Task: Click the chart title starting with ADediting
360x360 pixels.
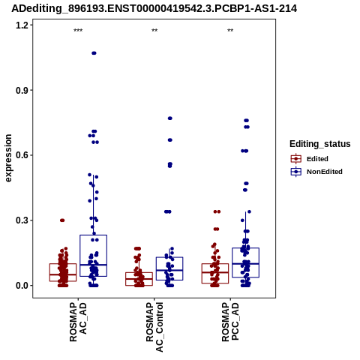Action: [x=154, y=8]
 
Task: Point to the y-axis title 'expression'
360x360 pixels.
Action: [x=8, y=158]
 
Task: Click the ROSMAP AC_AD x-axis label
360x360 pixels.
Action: [x=78, y=322]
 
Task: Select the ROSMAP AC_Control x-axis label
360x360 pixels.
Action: [x=154, y=327]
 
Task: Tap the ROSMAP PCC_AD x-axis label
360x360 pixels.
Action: [x=230, y=322]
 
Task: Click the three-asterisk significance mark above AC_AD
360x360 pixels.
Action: [x=78, y=31]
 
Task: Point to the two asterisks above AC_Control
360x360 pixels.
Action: [x=154, y=31]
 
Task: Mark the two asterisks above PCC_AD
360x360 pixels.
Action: [x=230, y=31]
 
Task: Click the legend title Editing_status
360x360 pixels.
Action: [x=320, y=144]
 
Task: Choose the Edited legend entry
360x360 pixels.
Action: [x=309, y=159]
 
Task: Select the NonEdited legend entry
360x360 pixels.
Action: [x=316, y=172]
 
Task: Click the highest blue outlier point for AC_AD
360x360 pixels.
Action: [x=94, y=53]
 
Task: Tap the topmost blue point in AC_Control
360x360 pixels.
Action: [x=170, y=118]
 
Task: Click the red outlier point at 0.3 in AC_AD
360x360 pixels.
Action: [x=62, y=220]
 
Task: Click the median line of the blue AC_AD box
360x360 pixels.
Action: [x=94, y=265]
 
